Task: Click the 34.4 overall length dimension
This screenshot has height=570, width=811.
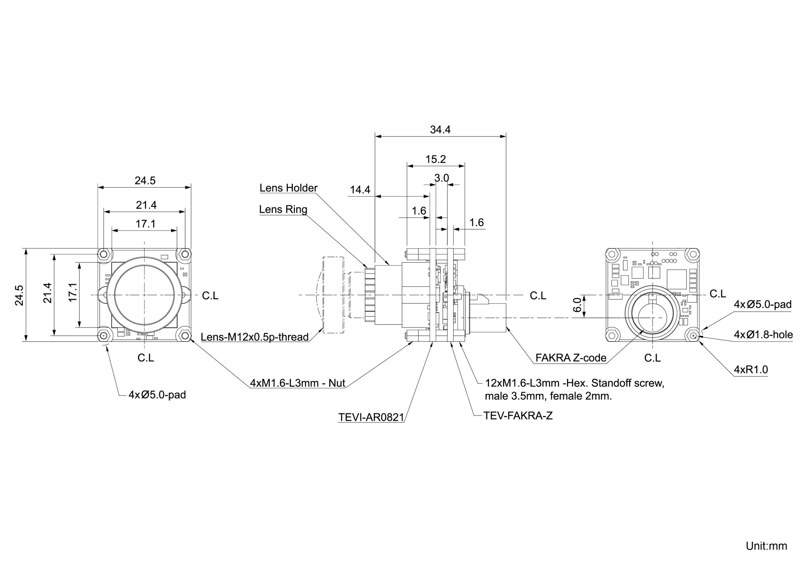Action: [x=440, y=130]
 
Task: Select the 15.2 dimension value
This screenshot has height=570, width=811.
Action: [x=435, y=159]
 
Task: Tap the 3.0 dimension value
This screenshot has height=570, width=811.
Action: [x=442, y=178]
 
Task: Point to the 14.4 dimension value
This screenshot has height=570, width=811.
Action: [x=360, y=190]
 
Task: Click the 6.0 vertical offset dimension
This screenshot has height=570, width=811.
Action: [x=577, y=305]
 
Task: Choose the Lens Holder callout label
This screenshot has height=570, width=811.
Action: [x=288, y=188]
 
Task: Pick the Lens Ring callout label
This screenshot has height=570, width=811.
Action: [x=283, y=209]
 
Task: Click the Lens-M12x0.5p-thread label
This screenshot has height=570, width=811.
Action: [x=255, y=337]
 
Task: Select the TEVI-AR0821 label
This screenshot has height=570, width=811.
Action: [x=371, y=417]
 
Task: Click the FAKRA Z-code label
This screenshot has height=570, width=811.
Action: [x=571, y=358]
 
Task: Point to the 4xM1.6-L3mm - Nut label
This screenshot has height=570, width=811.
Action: [x=297, y=383]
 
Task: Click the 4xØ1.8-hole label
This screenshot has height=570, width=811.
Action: [x=763, y=334]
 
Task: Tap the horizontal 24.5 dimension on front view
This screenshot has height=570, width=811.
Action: [x=145, y=181]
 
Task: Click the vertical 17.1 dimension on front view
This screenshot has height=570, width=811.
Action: [x=73, y=292]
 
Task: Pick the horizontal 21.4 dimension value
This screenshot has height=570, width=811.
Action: [x=146, y=205]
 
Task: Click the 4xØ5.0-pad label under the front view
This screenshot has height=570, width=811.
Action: [x=157, y=395]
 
